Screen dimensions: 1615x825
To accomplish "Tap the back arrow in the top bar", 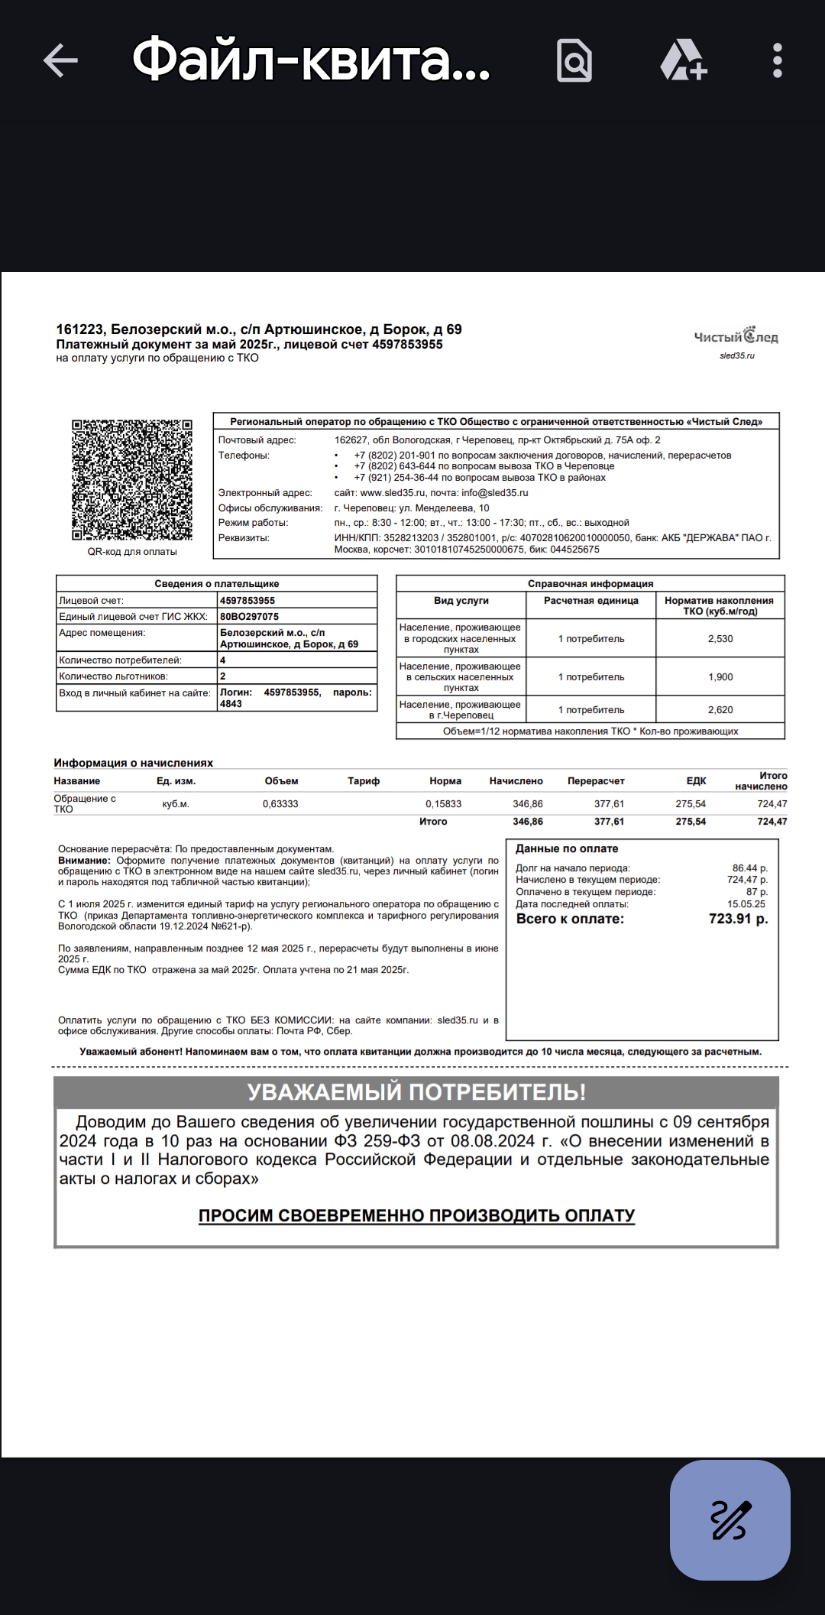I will click(x=60, y=60).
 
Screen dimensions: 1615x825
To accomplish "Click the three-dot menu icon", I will click(x=777, y=60).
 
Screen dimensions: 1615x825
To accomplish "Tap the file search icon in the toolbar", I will click(x=574, y=60).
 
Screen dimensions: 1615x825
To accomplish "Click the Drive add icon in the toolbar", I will click(x=683, y=60).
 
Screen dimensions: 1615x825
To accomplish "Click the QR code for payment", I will click(x=131, y=480).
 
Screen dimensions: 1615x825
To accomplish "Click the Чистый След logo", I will click(x=736, y=337).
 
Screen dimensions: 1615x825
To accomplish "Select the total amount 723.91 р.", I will click(x=738, y=919).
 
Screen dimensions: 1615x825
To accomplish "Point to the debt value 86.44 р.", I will click(x=749, y=868).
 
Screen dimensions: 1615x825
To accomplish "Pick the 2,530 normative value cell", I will click(x=720, y=638).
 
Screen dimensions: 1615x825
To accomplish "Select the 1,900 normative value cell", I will click(x=720, y=676).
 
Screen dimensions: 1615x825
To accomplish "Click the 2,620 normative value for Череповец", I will click(x=720, y=709).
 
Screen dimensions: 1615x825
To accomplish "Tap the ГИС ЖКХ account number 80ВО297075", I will click(x=249, y=617).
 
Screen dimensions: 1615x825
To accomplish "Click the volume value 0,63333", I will click(x=280, y=804).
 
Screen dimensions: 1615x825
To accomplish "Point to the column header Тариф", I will click(x=364, y=781).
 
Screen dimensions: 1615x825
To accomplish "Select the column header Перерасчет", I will click(x=596, y=781).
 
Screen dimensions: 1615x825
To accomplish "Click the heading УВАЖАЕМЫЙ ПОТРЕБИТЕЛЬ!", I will click(x=416, y=1092).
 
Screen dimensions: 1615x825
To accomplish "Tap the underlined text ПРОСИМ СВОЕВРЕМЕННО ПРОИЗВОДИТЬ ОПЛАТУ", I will click(x=416, y=1215).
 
